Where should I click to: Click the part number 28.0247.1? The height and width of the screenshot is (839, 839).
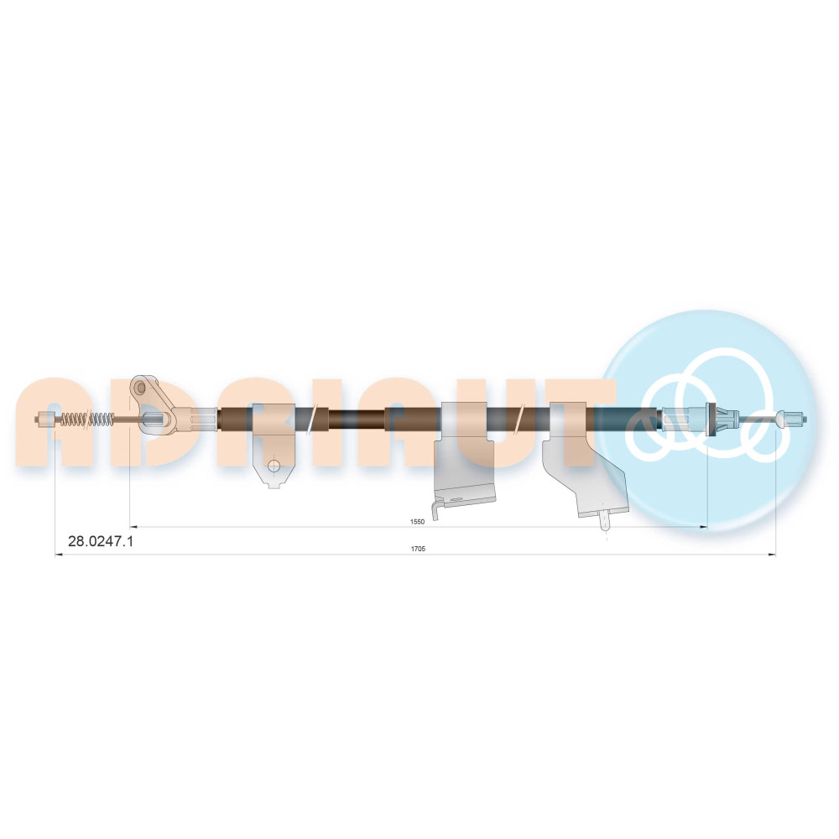pos(101,541)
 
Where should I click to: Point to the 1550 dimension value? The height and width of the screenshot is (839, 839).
pos(417,522)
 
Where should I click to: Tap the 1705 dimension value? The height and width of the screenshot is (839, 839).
pos(418,549)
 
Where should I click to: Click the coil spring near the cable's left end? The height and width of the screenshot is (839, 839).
pos(86,419)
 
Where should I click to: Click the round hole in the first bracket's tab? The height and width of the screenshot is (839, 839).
pos(274,466)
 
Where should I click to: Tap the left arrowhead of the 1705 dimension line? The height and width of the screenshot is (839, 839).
pos(59,555)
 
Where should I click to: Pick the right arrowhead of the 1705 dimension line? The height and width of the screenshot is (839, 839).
pos(772,555)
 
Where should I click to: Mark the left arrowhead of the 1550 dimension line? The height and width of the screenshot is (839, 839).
pos(133,527)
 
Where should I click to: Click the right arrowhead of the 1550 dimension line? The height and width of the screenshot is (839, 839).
pos(704,527)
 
